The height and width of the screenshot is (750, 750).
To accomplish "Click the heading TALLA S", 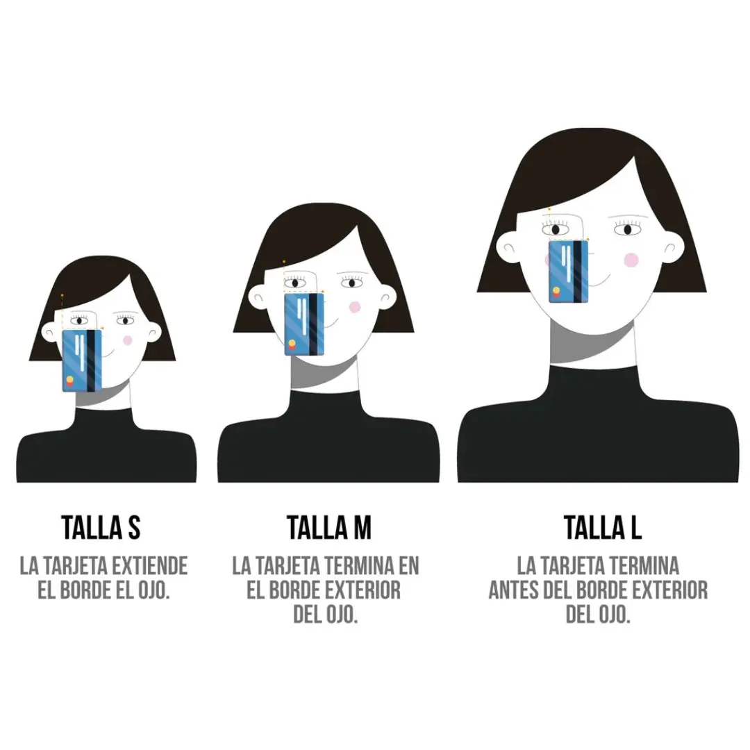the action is tap(101, 528).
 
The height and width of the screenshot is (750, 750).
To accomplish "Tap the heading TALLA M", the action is tap(328, 528).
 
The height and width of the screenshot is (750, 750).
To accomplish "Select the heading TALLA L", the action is tap(602, 528).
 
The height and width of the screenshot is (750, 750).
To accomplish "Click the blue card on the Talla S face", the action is tap(82, 360).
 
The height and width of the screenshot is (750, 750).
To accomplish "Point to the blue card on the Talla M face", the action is tap(303, 324).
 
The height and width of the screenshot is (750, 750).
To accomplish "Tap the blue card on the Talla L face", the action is tap(568, 272).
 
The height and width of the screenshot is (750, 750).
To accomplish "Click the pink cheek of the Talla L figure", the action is tap(631, 260).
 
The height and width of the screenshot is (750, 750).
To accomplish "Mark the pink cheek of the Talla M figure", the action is tap(355, 307).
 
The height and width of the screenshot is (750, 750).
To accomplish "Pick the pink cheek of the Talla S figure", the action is tap(127, 340).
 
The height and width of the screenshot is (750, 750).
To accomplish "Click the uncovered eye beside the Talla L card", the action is tap(628, 230).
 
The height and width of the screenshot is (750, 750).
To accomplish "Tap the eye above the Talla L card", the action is tap(556, 229).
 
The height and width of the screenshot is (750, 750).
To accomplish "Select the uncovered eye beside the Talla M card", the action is tap(351, 283).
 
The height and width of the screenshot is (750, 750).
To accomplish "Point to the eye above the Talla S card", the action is tap(79, 320).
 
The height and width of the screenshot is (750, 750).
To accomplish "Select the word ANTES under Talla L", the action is tap(514, 590).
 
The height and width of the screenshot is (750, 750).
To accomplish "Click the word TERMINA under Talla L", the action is tap(644, 566).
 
